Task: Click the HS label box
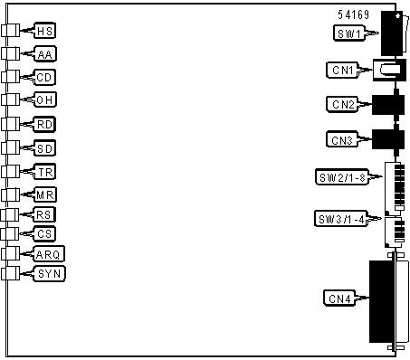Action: point(45,31)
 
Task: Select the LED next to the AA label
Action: point(10,54)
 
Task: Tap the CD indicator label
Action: point(45,77)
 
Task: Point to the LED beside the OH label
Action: point(10,99)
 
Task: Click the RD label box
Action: point(44,124)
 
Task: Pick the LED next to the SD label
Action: point(10,147)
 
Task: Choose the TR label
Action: point(45,172)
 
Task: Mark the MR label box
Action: point(45,194)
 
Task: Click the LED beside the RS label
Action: point(10,215)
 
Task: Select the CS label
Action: point(44,233)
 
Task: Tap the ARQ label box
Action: point(49,254)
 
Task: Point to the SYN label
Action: point(49,274)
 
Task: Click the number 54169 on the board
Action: point(353,14)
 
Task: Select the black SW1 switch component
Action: point(392,33)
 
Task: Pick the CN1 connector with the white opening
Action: point(389,70)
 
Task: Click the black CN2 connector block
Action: point(388,105)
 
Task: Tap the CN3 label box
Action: point(342,139)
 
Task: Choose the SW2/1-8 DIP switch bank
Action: point(395,189)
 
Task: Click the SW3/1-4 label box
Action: point(341,219)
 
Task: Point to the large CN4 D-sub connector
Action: point(388,301)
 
